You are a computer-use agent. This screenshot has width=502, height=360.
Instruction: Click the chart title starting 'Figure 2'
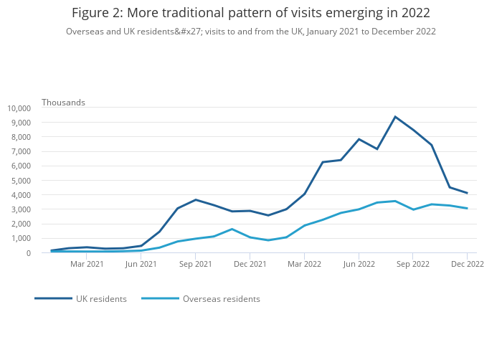[x=251, y=13]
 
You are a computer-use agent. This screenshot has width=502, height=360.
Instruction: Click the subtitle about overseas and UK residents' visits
[x=251, y=32]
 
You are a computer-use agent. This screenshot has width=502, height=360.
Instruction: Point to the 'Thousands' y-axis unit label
[x=63, y=103]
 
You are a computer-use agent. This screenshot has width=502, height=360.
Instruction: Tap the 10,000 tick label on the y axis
[x=19, y=108]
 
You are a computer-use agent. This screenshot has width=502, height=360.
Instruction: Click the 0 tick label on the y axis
[x=28, y=253]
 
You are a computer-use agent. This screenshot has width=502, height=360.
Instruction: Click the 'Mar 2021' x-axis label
[x=87, y=264]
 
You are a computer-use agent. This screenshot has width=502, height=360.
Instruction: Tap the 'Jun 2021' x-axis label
[x=141, y=264]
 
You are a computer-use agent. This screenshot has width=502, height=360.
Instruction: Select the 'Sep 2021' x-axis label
[x=196, y=264]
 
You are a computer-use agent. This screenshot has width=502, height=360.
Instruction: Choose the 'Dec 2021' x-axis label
[x=250, y=264]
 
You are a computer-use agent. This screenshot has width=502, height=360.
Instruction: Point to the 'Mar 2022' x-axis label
[x=304, y=264]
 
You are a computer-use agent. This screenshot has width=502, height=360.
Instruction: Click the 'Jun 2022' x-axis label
[x=359, y=264]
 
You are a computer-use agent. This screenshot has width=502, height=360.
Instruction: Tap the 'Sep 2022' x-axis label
[x=413, y=264]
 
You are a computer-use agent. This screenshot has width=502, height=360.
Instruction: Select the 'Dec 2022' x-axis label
[x=467, y=264]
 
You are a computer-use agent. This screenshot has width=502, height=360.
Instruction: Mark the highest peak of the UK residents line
[x=395, y=117]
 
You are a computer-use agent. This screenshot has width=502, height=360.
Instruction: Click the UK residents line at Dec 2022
[x=467, y=193]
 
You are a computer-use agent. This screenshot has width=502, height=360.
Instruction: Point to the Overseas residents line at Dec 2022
[x=467, y=209]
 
